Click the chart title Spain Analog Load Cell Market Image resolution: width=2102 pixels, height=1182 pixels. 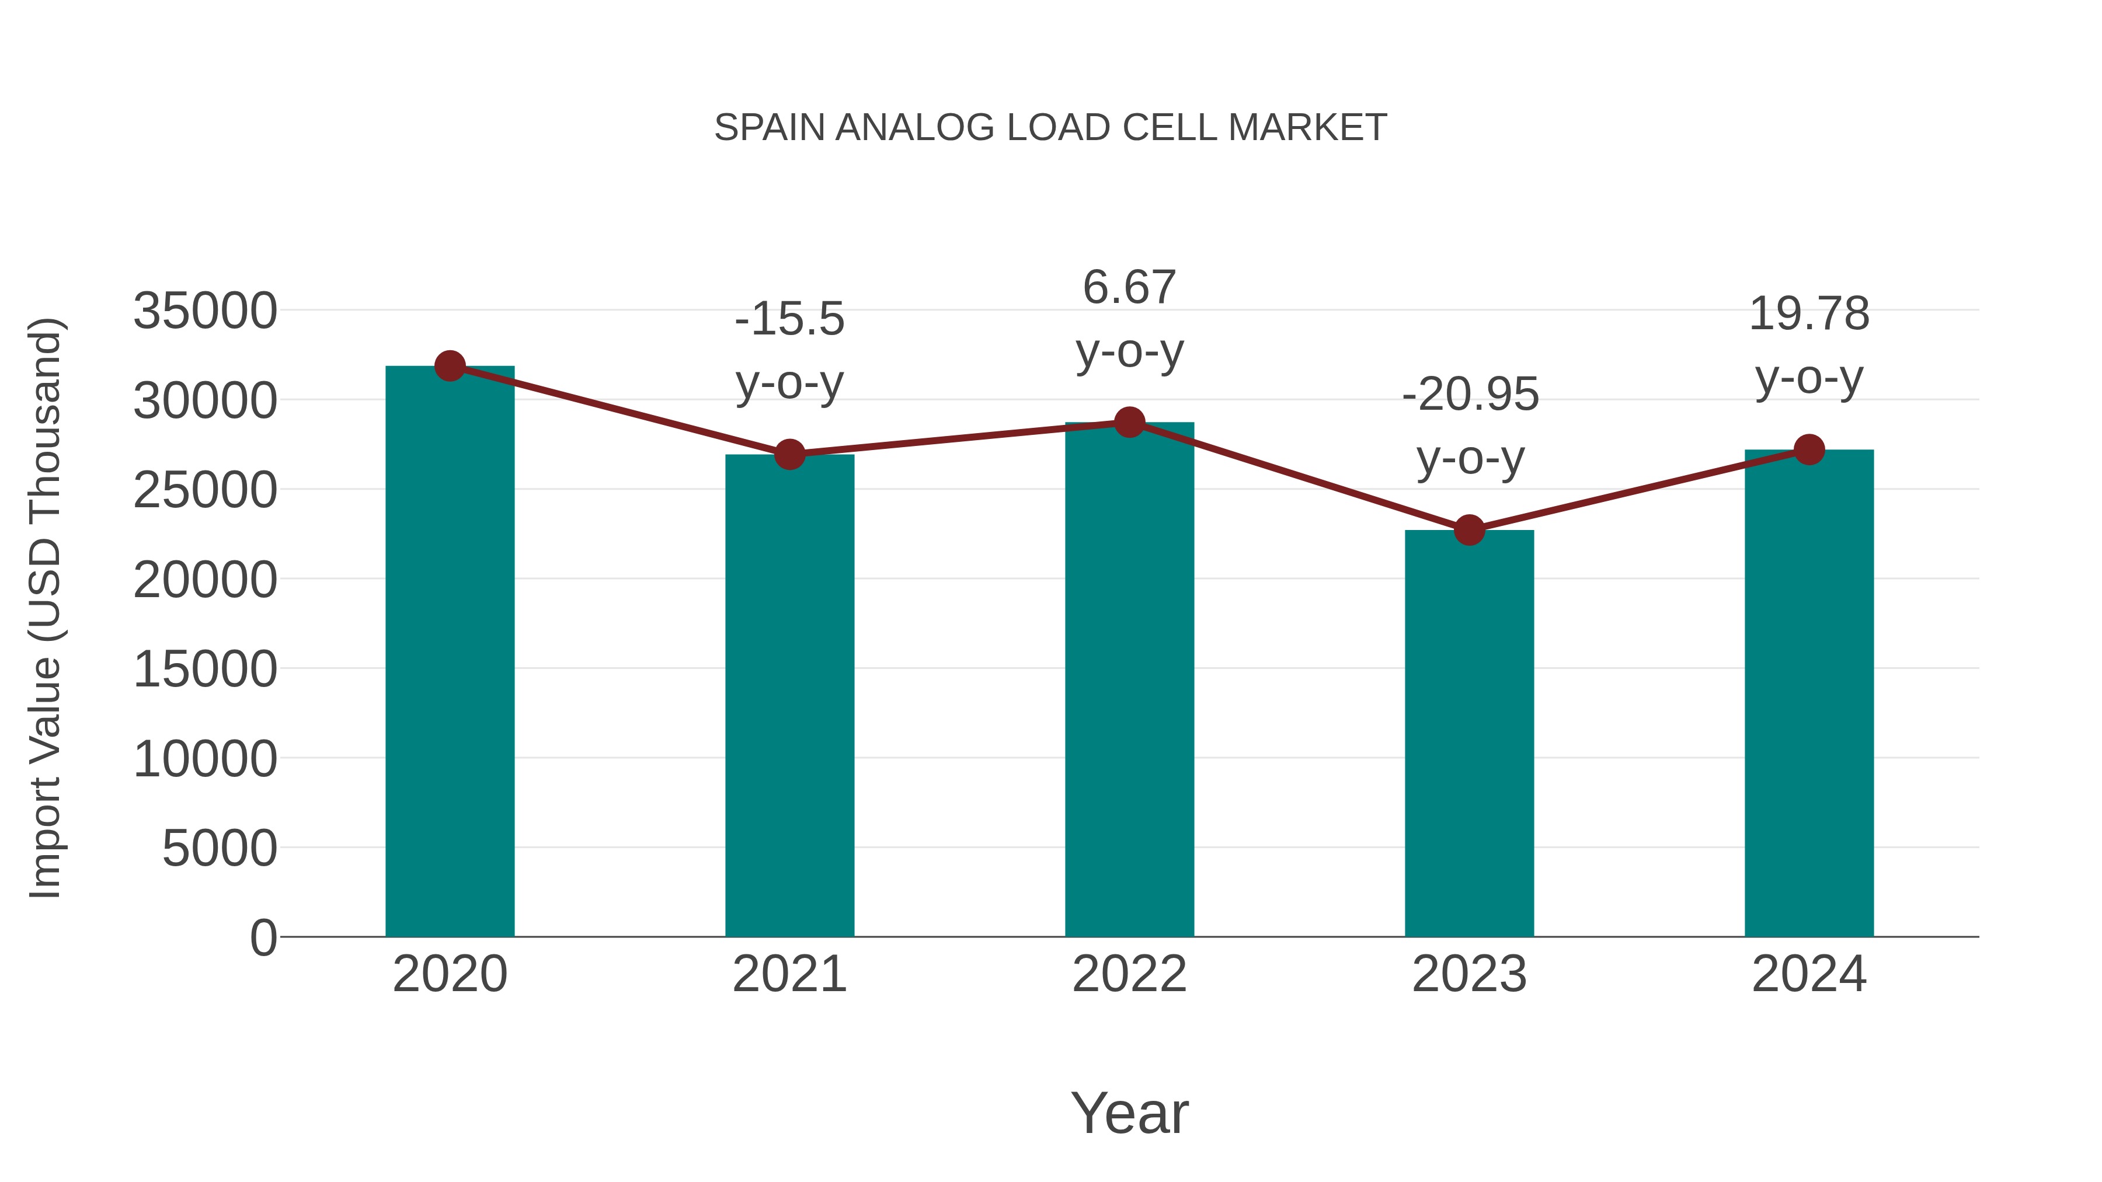[1050, 128]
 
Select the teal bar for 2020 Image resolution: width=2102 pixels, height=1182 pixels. [450, 653]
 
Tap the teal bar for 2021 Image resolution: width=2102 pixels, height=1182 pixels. [789, 698]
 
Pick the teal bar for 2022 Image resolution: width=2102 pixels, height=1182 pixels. [1129, 681]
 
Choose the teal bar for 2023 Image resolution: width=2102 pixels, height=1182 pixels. [1469, 734]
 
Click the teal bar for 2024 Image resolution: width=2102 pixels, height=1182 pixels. [1809, 693]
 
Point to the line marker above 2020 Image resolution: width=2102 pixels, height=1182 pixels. [450, 366]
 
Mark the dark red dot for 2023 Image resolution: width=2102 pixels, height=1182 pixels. [1469, 530]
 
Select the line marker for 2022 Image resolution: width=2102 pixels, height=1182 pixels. [1129, 423]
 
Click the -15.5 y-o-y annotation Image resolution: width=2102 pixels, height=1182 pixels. [789, 351]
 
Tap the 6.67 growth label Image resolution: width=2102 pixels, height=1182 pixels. [1129, 320]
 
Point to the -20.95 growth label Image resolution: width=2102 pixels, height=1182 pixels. [1470, 427]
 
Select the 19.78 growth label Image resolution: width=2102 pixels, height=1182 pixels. [1809, 346]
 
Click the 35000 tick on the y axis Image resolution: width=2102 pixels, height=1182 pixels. [205, 312]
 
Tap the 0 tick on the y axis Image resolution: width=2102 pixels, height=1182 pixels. [263, 938]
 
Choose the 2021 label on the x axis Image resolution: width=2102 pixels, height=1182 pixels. [789, 974]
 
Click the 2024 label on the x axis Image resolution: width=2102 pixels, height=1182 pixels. [1809, 974]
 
